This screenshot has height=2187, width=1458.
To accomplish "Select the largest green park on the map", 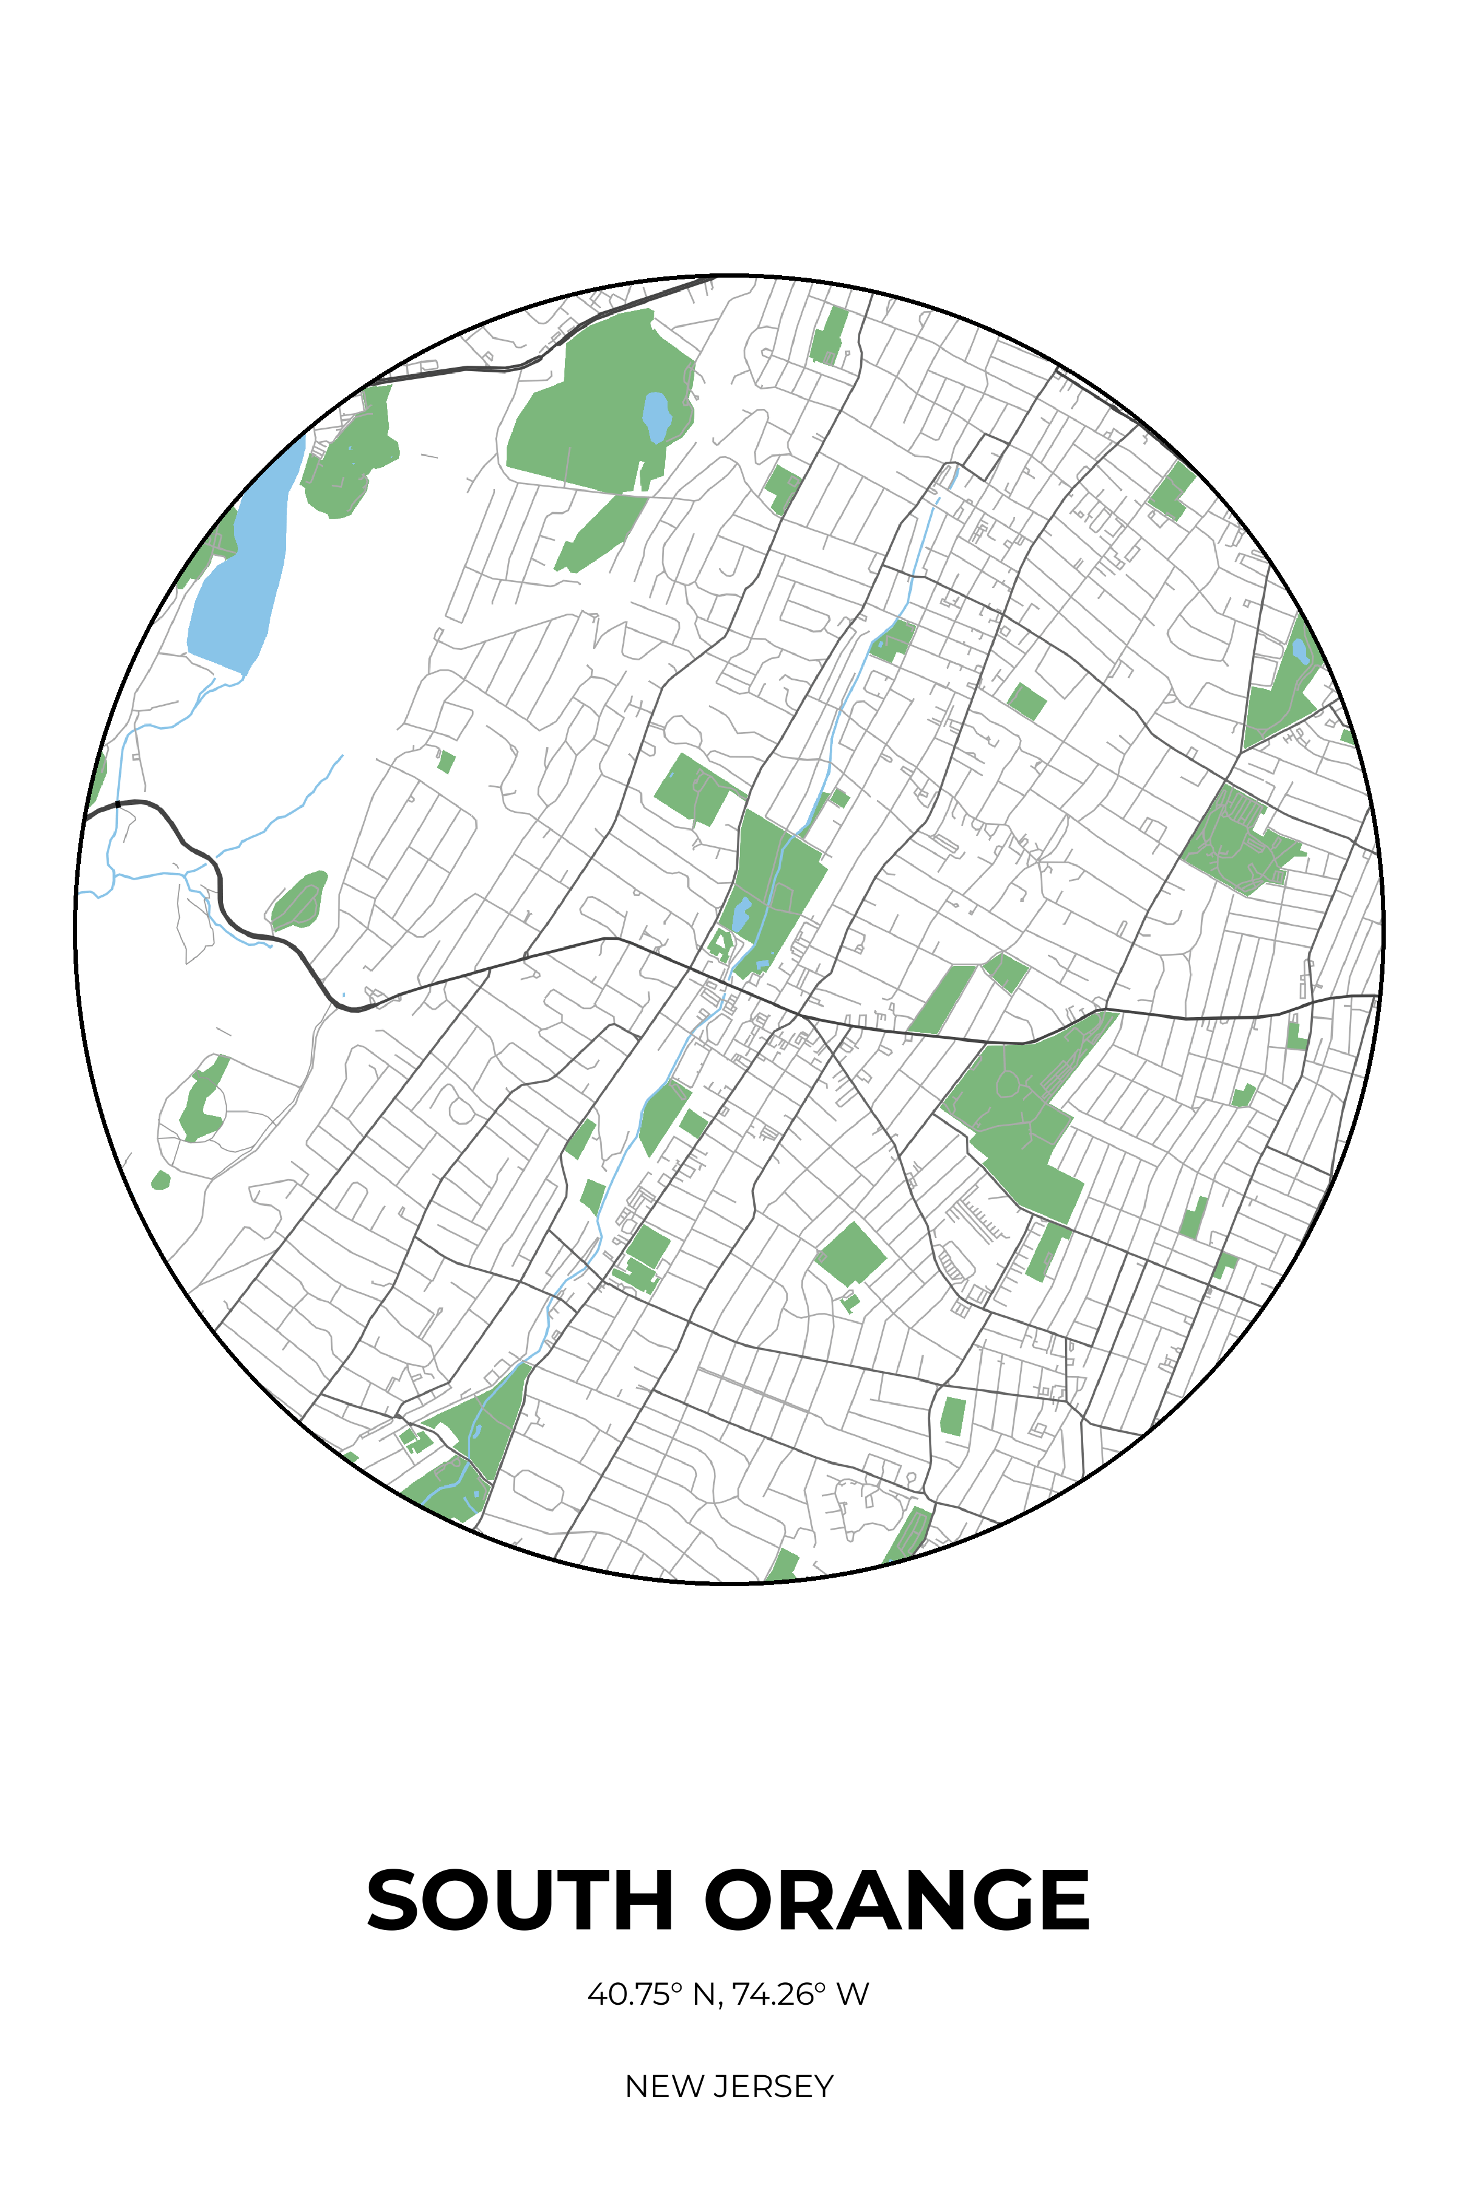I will pyautogui.click(x=595, y=409).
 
